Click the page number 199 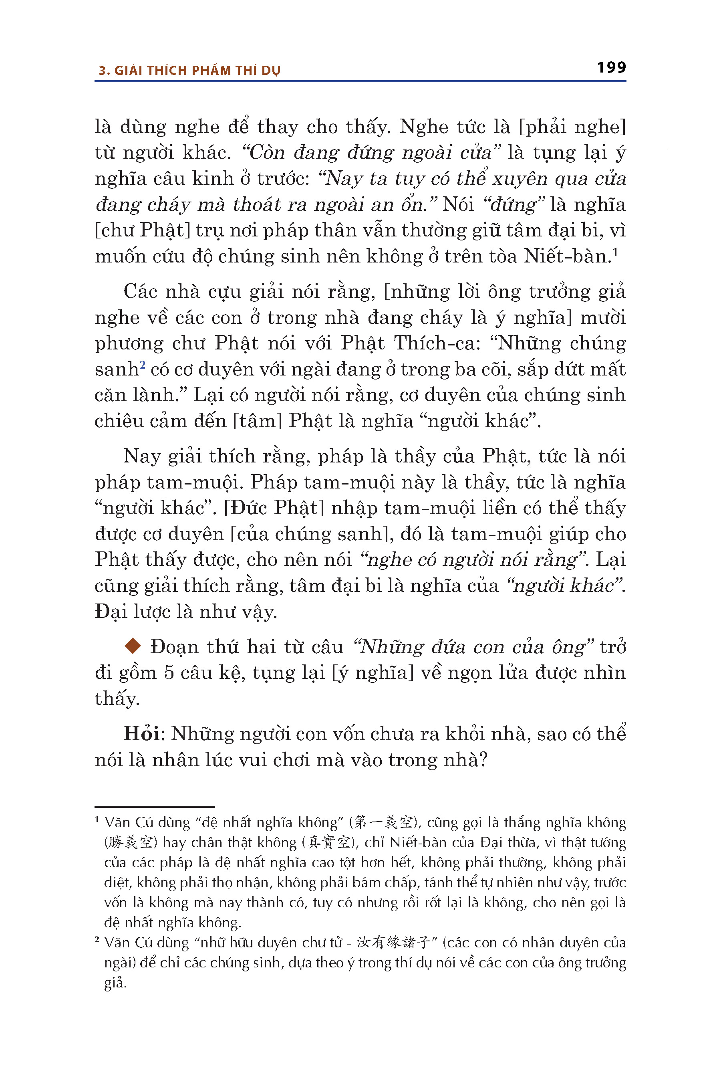coord(611,68)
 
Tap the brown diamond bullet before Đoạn coord(133,646)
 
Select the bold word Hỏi coord(141,734)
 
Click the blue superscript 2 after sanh coord(143,365)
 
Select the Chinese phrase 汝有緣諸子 coord(393,943)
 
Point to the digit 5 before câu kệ coord(169,672)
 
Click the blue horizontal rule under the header coord(360,81)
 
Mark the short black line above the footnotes coord(155,806)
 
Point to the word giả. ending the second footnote coord(115,983)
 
